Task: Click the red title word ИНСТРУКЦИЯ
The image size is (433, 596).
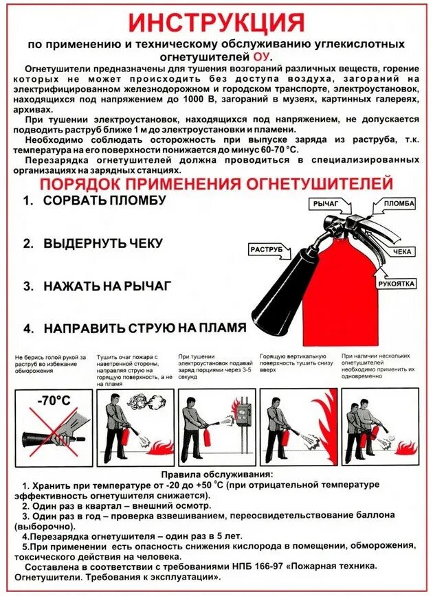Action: (x=216, y=22)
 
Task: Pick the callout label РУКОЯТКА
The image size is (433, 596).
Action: (x=396, y=283)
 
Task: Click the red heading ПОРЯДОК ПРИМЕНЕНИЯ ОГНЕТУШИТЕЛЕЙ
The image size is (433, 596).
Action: (x=216, y=185)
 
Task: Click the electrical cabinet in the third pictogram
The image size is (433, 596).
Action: (x=243, y=420)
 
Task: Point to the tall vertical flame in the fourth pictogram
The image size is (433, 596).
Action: (x=329, y=426)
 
